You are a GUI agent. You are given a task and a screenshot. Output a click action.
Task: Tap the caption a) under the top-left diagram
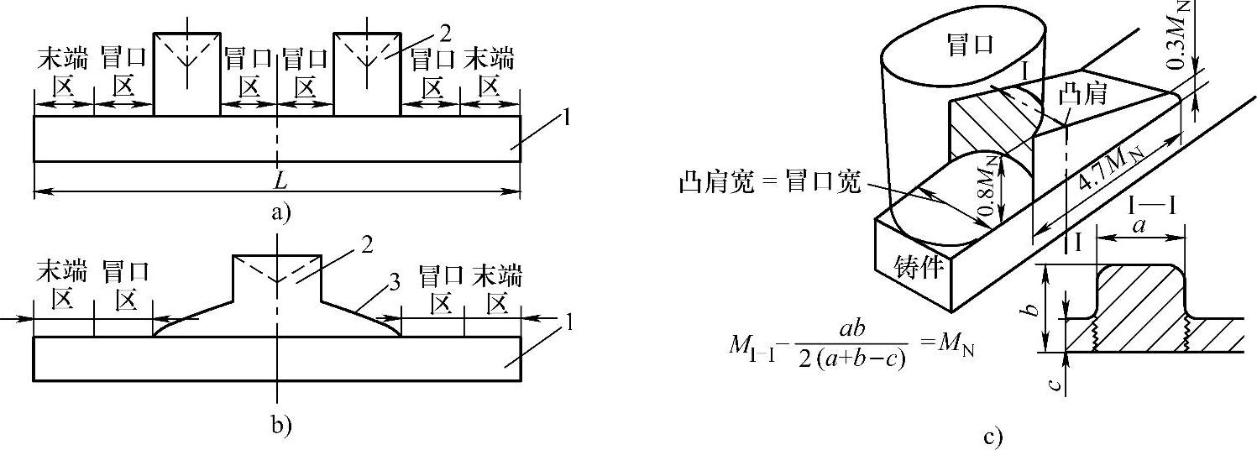point(280,212)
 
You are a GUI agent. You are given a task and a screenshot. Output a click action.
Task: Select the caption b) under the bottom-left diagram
point(280,425)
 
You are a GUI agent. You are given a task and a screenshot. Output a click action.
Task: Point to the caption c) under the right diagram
point(993,437)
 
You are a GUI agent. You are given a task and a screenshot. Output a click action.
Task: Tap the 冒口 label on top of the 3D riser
point(969,46)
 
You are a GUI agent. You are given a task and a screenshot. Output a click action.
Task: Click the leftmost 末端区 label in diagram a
point(62,73)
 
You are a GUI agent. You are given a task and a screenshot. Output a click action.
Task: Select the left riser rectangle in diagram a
point(186,74)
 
